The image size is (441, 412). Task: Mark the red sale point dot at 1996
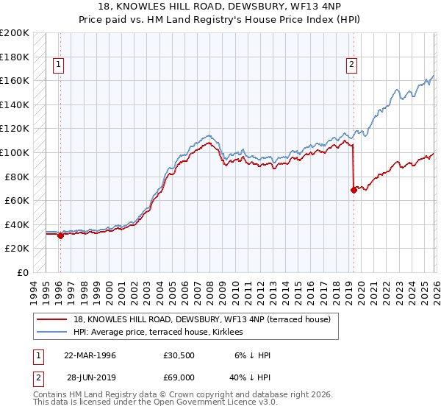pos(60,236)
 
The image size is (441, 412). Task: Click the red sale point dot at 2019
pos(354,190)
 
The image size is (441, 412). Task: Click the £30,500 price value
pos(179,355)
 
